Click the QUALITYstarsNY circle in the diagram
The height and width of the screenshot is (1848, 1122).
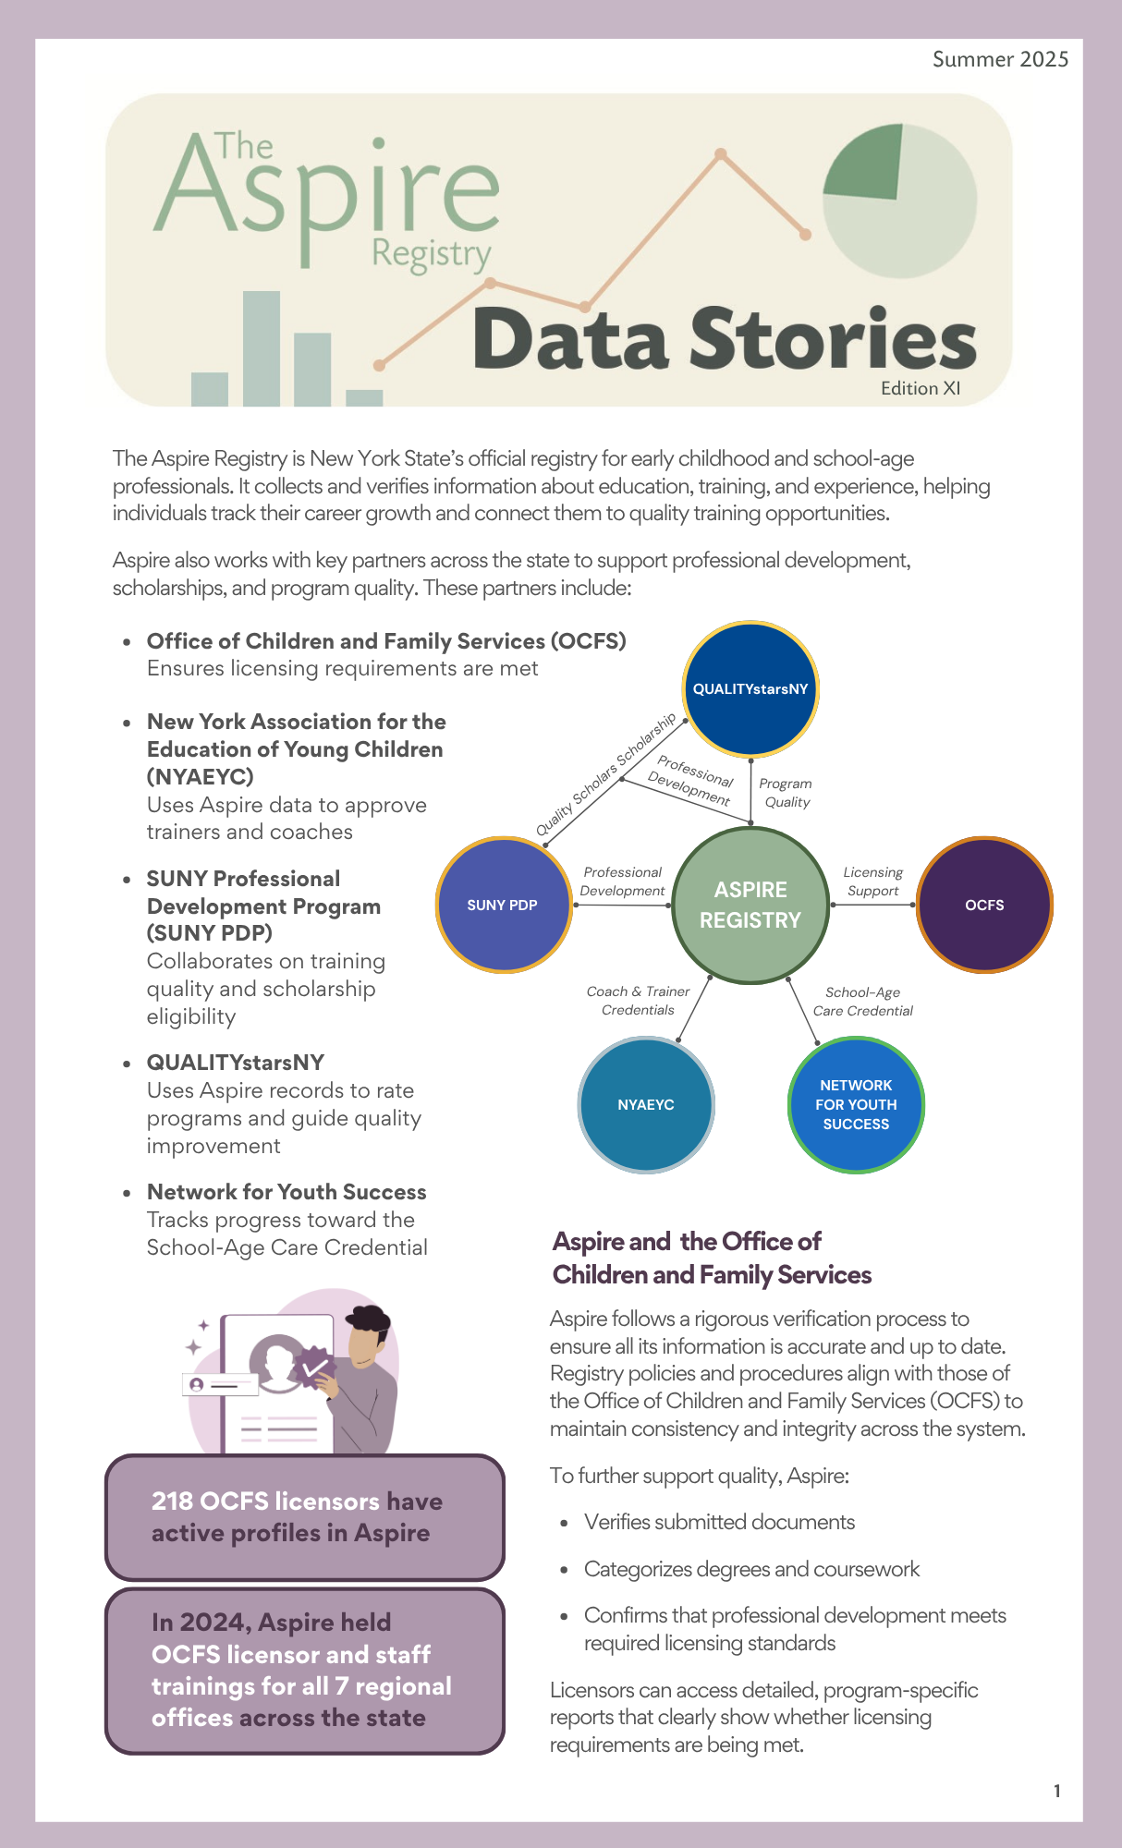pos(750,688)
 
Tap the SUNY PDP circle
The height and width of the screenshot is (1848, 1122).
pos(503,905)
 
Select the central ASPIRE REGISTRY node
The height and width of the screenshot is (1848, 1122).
pos(750,905)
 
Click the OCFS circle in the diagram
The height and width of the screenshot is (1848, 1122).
pos(984,905)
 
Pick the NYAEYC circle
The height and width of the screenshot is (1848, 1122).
pos(646,1104)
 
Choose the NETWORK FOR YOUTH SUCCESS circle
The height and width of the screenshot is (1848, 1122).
pos(856,1104)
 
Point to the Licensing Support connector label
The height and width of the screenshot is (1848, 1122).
pos(872,881)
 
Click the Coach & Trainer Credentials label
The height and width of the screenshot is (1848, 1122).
pos(638,1001)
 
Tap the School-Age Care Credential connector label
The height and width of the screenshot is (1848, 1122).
pos(862,1002)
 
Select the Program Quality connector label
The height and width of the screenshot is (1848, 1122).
pos(786,793)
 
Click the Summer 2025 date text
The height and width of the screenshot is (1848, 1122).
pos(1000,59)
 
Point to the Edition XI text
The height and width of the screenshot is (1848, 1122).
pos(921,388)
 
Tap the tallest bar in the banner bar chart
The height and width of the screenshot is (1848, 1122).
pos(262,348)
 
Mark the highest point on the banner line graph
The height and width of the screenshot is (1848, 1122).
pos(722,154)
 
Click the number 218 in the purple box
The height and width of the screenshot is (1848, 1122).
pos(172,1501)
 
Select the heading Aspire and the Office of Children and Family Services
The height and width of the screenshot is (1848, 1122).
pos(712,1258)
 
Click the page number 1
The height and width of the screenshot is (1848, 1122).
pos(1057,1791)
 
